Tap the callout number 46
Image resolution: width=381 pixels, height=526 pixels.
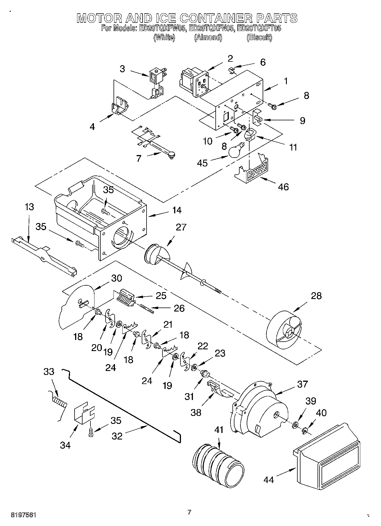pyautogui.click(x=283, y=187)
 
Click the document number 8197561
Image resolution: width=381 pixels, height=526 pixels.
pyautogui.click(x=23, y=515)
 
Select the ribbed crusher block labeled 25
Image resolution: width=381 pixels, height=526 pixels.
pyautogui.click(x=126, y=297)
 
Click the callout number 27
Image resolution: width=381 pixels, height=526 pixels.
pyautogui.click(x=181, y=227)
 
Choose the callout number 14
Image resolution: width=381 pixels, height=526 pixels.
pyautogui.click(x=176, y=210)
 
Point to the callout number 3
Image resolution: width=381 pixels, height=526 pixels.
pyautogui.click(x=122, y=69)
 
